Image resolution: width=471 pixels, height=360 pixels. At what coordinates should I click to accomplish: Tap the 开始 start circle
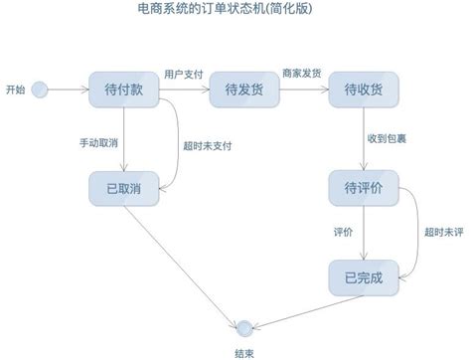40,90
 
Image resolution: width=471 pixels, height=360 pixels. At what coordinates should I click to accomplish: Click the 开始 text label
15,90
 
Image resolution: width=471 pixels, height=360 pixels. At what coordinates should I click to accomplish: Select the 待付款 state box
123,90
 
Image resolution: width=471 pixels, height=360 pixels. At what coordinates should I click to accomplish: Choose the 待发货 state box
243,90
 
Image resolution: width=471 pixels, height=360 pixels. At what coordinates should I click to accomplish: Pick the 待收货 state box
364,90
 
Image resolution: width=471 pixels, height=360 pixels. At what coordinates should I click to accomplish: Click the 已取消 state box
123,188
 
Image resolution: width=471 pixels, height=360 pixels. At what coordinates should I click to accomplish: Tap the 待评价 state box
364,188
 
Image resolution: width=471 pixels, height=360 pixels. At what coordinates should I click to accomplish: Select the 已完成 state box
364,275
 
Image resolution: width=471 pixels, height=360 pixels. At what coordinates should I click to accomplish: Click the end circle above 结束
242,325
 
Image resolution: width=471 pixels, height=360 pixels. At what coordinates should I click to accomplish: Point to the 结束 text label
242,351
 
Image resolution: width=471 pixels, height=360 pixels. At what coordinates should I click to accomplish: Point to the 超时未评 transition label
442,232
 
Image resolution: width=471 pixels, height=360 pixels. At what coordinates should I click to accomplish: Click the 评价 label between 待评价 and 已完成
343,232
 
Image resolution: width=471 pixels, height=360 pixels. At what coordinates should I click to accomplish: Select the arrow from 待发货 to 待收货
301,90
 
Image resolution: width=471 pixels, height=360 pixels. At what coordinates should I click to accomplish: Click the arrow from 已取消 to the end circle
184,259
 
